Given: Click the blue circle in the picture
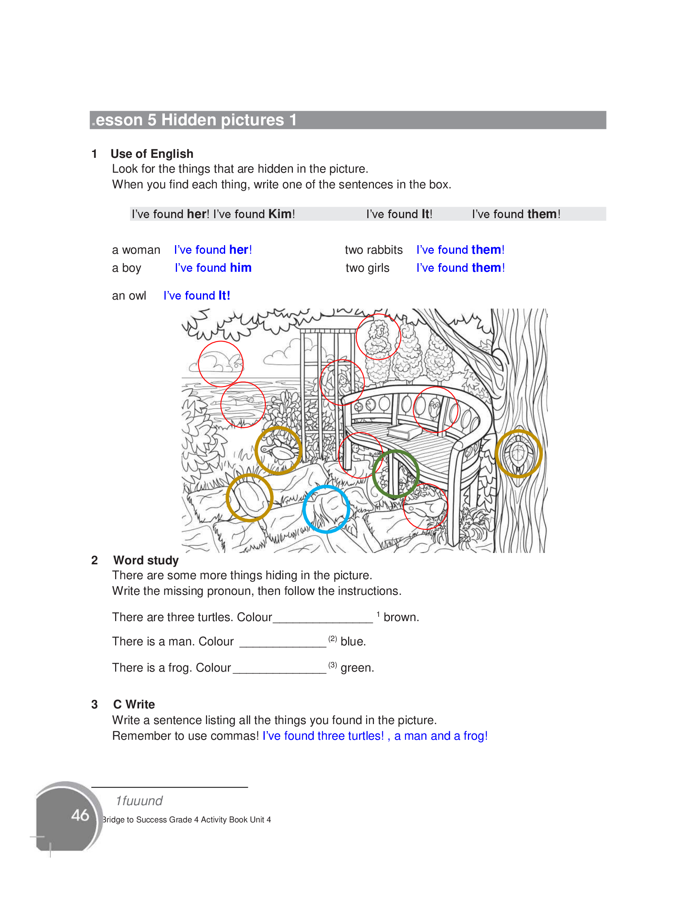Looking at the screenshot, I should (x=326, y=509).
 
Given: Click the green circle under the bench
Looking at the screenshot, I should (x=395, y=474).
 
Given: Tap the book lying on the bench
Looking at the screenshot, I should (x=404, y=432).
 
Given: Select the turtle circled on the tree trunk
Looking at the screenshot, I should (x=518, y=454).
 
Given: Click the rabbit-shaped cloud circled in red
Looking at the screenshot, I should (x=220, y=364).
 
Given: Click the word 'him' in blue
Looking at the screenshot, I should (x=241, y=268).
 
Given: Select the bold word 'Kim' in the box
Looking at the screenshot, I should (x=280, y=214).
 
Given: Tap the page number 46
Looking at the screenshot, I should (x=80, y=815).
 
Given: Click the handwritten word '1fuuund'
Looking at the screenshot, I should (x=139, y=801).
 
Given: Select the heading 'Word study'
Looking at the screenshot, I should (x=146, y=560).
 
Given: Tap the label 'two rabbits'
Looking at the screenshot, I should (x=374, y=250).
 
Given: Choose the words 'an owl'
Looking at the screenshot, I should (x=129, y=296).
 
